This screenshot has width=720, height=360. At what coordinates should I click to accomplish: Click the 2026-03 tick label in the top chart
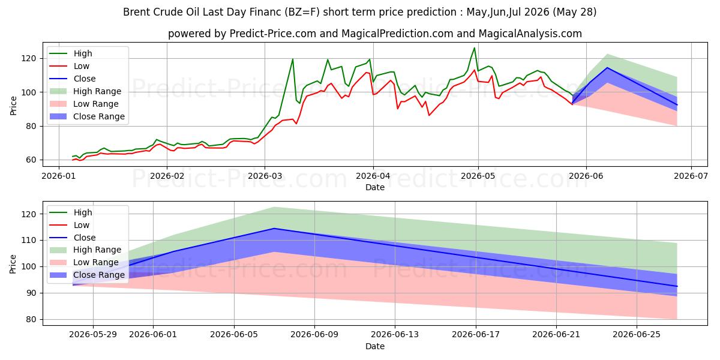(x=265, y=176)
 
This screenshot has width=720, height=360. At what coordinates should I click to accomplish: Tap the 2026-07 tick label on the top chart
(x=691, y=176)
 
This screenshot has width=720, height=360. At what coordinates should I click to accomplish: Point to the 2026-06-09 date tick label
(x=314, y=335)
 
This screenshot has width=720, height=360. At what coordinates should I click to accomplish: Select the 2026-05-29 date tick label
(x=93, y=335)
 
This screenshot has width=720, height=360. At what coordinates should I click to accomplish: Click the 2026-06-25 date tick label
(x=637, y=335)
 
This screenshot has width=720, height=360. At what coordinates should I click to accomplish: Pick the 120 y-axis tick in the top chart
(x=29, y=59)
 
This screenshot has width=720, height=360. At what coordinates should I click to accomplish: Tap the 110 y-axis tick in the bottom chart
(x=29, y=241)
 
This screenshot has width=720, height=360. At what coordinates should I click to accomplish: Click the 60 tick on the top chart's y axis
(x=31, y=160)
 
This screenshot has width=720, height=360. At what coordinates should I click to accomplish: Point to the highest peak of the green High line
(x=475, y=48)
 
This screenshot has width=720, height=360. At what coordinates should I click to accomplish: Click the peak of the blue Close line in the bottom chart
(x=274, y=229)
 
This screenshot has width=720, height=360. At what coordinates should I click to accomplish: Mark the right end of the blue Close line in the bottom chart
(x=677, y=286)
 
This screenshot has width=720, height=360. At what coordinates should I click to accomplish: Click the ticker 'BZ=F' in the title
(x=302, y=12)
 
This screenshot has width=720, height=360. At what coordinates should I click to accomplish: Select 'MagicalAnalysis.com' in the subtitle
(x=530, y=34)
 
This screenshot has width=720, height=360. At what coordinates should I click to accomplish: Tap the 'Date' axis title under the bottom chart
(x=375, y=346)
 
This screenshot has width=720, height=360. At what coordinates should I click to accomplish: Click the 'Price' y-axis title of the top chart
(x=13, y=106)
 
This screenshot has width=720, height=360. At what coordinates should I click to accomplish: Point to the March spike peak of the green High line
(x=293, y=59)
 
